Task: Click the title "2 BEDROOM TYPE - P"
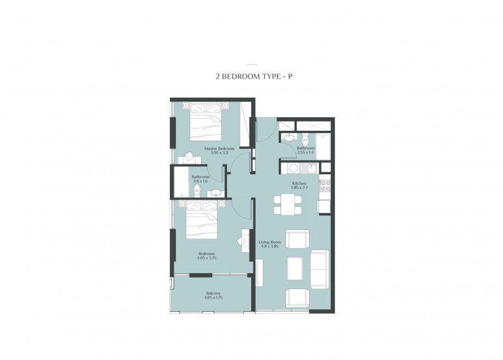254,77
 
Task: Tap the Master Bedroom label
219,148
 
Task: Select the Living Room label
270,242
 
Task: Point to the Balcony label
213,293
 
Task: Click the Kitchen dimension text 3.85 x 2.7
299,188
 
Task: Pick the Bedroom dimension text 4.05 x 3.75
207,258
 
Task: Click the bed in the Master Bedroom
206,121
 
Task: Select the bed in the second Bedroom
202,220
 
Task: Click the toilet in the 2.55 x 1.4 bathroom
305,139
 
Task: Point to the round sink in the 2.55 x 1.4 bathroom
289,137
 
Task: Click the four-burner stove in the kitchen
325,186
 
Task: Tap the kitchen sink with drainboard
308,168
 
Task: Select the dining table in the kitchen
288,205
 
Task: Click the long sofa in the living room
319,269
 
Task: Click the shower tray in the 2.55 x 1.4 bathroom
323,146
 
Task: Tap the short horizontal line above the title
252,64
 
